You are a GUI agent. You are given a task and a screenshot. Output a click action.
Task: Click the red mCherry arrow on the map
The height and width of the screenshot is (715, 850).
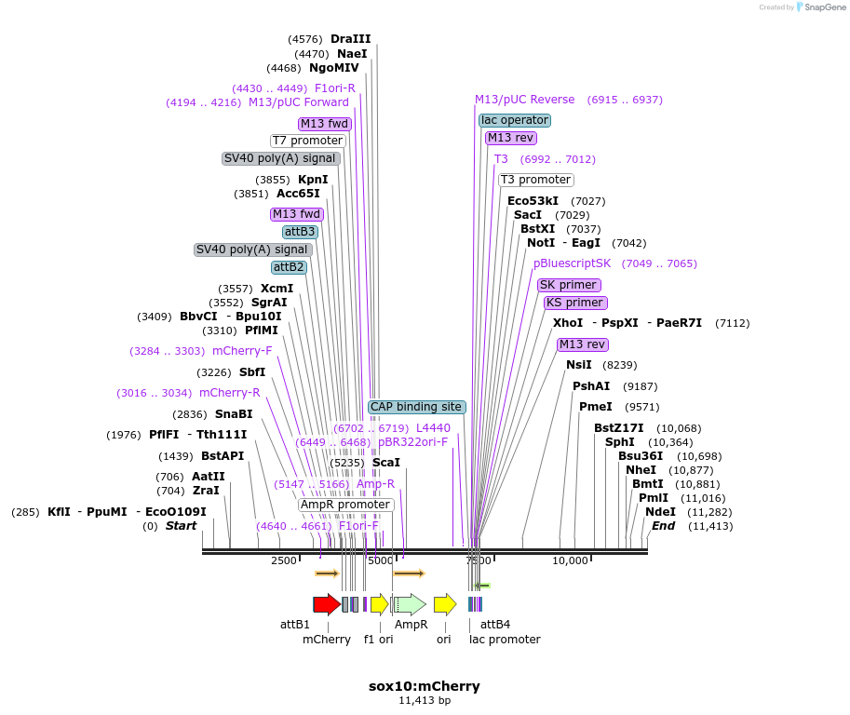coord(326,604)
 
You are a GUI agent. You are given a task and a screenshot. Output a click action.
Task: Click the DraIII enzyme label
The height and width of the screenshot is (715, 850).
coord(350,39)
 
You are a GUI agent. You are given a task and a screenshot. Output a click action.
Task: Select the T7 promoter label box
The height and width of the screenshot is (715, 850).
coord(307,141)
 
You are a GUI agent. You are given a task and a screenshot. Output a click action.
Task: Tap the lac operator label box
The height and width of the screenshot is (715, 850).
coord(515,120)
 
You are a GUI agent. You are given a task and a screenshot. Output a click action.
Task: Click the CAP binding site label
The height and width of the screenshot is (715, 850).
coord(416,407)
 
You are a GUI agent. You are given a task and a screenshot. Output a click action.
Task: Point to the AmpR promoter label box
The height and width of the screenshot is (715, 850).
coord(345,505)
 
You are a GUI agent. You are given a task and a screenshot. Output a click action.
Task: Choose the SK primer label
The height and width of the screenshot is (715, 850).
coord(569,285)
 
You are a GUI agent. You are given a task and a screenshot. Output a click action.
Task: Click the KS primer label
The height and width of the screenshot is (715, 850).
coord(575,303)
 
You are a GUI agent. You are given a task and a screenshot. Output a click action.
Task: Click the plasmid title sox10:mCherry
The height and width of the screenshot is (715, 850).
coord(425,686)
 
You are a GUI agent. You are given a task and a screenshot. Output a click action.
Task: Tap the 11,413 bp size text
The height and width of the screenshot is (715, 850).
coord(425,701)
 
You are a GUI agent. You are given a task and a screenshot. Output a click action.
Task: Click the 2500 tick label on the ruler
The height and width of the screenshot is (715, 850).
coord(284,560)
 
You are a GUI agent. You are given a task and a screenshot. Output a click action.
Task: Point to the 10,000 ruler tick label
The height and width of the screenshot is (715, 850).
coord(571,560)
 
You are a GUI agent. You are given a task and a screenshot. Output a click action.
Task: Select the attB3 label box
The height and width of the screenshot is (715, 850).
coord(300,232)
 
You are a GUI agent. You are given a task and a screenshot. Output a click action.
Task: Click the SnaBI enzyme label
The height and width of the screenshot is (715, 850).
coord(234,414)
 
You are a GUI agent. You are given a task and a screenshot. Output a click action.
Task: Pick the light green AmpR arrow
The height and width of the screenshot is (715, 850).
coord(410,604)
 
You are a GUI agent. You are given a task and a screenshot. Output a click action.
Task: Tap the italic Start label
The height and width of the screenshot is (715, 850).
coord(182,526)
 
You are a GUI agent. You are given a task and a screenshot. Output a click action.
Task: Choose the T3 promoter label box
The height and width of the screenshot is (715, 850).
coord(535,180)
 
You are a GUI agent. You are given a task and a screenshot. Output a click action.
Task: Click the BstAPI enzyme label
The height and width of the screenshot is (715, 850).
coord(223,456)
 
